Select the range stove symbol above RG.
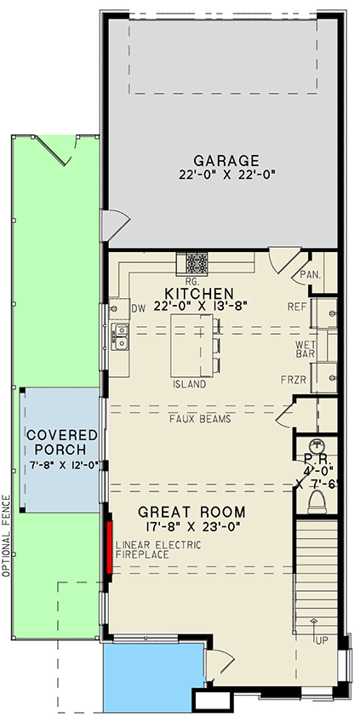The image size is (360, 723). coord(193,262)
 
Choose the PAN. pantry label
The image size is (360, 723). coord(308,275)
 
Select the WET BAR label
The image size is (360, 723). coord(305,348)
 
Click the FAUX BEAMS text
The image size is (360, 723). coord(200,419)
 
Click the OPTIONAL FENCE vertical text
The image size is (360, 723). coord(6,536)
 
